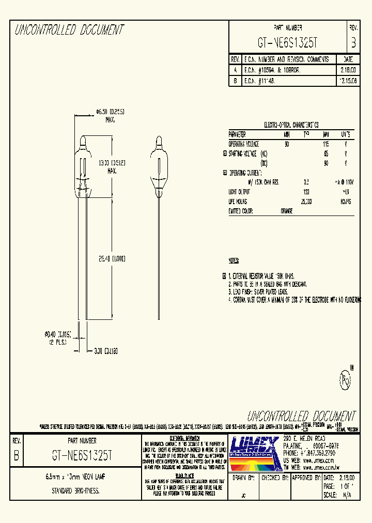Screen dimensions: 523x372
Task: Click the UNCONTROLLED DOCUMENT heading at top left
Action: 69,30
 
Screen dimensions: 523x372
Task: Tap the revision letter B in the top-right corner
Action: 353,42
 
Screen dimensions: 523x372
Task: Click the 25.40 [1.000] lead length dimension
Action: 110,259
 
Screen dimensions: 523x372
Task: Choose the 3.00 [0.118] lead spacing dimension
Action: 105,351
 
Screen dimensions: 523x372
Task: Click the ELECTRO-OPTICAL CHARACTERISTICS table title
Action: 291,126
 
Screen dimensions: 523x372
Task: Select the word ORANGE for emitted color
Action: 287,211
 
